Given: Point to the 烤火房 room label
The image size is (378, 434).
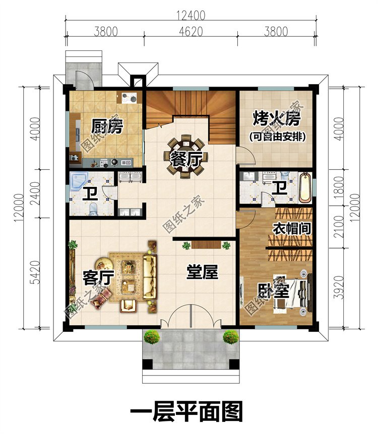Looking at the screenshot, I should point(277,119).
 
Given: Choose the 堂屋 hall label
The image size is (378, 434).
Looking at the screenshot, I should point(203,273).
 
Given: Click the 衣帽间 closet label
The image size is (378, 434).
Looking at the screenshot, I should point(291,228).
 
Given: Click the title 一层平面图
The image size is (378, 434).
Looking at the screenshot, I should point(186,411).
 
